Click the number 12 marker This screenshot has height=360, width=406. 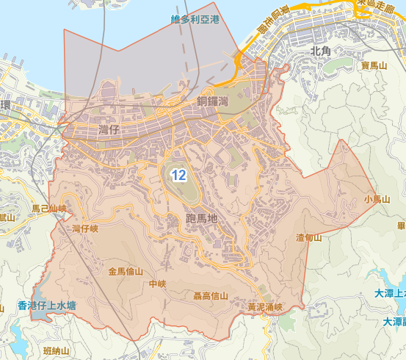(x=178, y=175)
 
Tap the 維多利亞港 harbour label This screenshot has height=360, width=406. (x=195, y=19)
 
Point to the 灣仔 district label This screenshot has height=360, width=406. (x=108, y=129)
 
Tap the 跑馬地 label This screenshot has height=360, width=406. (x=203, y=218)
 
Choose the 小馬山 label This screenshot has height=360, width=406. (x=376, y=199)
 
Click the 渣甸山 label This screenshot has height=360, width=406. (x=308, y=237)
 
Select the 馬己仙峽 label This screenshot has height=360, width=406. (x=49, y=209)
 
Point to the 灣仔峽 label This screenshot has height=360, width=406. (x=85, y=229)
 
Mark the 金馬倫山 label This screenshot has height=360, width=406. (x=126, y=271)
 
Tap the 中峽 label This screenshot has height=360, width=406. (x=157, y=284)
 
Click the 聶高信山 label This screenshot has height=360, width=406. (x=210, y=296)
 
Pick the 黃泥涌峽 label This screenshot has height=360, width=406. (x=265, y=306)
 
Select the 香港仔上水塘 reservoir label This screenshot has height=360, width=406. (x=47, y=305)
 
